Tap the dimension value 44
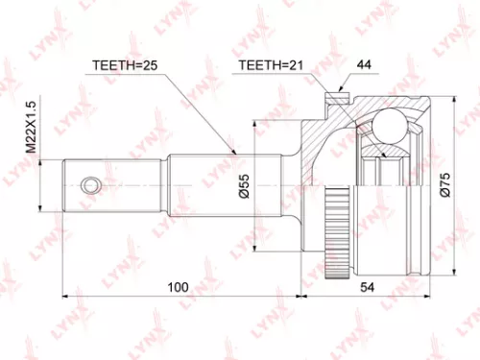tap(363, 66)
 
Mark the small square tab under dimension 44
tap(333, 97)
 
